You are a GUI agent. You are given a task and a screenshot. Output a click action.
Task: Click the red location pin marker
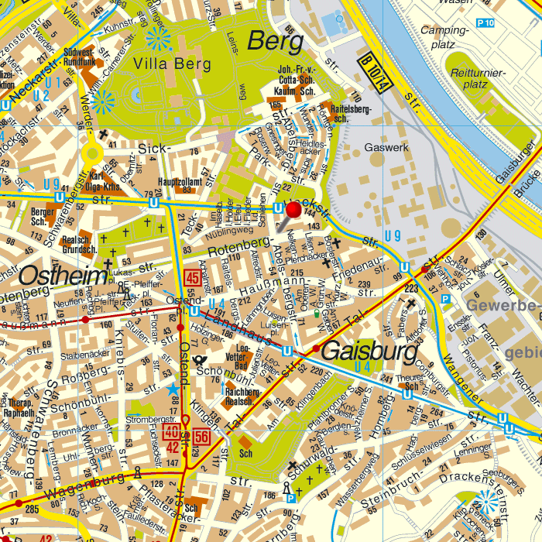tap(294, 209)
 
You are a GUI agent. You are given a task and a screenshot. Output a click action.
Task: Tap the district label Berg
tap(274, 41)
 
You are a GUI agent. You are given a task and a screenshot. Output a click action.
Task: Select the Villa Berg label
tap(170, 63)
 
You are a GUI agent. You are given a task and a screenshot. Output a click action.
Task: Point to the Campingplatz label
tap(439, 37)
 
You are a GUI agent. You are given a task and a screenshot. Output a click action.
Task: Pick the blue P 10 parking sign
tap(485, 23)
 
